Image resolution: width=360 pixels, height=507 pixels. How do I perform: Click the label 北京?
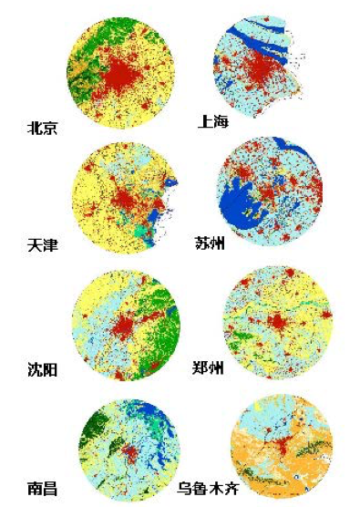42,129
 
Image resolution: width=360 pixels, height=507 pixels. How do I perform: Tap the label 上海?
212,121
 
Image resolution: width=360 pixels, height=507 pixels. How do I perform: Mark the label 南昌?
42,490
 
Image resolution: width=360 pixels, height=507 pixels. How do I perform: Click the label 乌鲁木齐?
216,490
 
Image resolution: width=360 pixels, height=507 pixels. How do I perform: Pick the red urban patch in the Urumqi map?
284,447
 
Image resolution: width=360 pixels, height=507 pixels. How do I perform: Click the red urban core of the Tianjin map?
122,196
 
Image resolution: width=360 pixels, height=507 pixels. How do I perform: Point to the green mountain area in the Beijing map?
91,46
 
